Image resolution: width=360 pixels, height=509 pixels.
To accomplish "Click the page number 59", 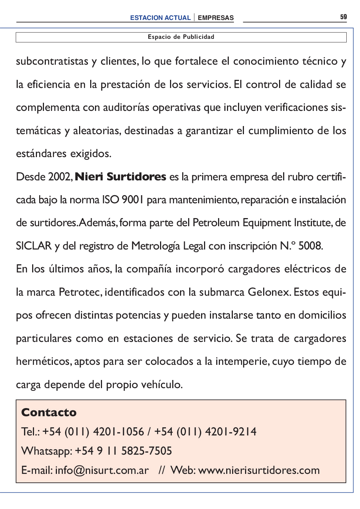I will [343, 17].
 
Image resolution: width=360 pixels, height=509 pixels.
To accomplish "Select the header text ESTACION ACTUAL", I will [160, 18].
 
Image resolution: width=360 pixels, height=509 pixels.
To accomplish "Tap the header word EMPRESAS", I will [215, 18].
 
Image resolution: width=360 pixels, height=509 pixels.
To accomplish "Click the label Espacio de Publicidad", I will [181, 37].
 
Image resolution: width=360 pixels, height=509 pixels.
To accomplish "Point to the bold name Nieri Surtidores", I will [120, 177].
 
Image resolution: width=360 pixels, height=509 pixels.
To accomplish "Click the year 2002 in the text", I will [59, 177].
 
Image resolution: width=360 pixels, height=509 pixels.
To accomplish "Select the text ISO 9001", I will [122, 200].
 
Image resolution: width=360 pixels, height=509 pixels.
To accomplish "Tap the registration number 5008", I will [310, 246].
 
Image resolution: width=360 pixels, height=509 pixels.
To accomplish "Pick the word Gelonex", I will [269, 292].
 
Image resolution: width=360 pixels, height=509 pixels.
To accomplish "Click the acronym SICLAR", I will [34, 246].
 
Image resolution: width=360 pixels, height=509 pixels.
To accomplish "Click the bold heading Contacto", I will [49, 413].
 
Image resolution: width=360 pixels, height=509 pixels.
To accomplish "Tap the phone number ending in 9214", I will [205, 432].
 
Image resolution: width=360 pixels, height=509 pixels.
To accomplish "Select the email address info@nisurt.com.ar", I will [102, 470].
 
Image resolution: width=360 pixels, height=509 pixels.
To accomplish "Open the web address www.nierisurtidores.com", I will [259, 470].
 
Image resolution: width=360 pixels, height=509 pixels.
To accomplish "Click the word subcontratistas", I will [52, 61].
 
